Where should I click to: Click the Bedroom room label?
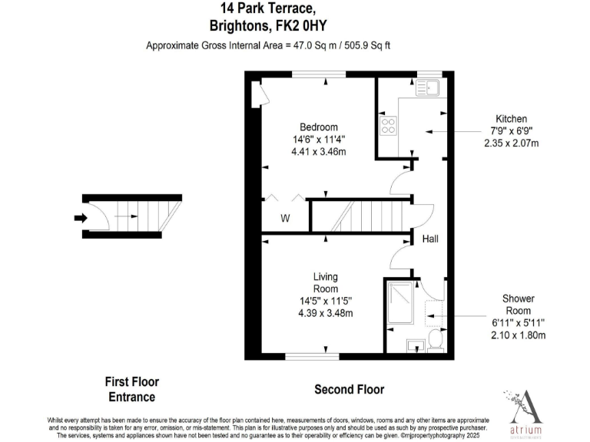pos(318,127)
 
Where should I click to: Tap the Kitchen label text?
pos(511,119)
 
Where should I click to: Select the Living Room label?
pos(325,282)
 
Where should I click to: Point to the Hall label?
pos(430,239)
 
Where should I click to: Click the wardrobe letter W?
pos(284,219)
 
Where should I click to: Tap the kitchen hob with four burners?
pos(386,125)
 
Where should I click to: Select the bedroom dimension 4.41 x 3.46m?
pos(318,151)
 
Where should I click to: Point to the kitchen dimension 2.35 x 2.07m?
pos(511,143)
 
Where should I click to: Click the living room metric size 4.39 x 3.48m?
pos(325,313)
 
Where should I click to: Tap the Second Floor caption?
pos(350,390)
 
